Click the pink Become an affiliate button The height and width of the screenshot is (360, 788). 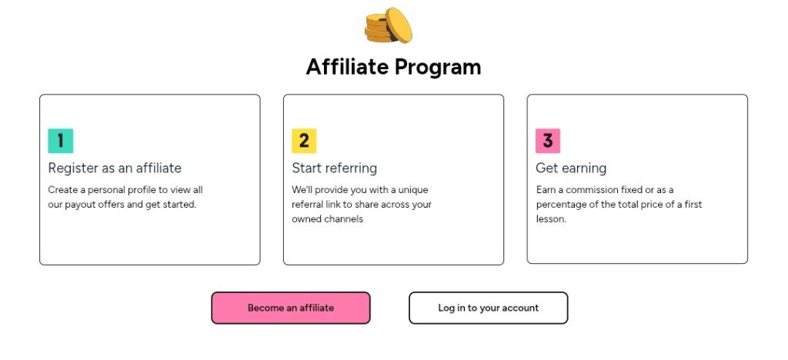point(290,308)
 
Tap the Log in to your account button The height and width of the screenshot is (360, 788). point(488,308)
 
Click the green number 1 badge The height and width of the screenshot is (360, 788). point(60,141)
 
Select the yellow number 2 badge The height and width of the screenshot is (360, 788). point(304,141)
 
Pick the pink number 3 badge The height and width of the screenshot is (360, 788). point(548,141)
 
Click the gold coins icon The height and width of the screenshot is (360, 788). point(388,25)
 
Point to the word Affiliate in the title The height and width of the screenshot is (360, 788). point(347,67)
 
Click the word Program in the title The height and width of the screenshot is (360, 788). point(438,68)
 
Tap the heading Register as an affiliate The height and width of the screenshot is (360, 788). point(115,168)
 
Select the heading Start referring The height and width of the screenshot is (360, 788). point(334,168)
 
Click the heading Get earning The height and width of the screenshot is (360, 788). point(571,168)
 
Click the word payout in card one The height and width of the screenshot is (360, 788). point(82,205)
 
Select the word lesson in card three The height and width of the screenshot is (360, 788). point(551,219)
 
